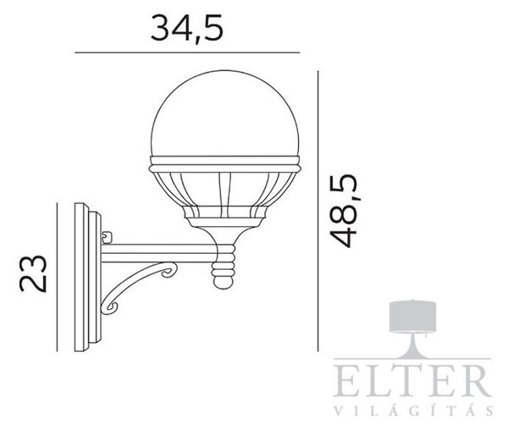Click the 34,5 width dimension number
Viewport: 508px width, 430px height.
coord(187,28)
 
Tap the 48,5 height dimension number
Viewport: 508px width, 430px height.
coord(344,211)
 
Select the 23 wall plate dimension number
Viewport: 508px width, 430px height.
coord(33,273)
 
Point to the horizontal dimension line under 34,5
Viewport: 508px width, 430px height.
coord(187,52)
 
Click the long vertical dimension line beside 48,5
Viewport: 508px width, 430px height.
coord(317,211)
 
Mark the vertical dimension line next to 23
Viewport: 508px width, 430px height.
coord(57,277)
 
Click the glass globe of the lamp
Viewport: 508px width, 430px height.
coord(225,113)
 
